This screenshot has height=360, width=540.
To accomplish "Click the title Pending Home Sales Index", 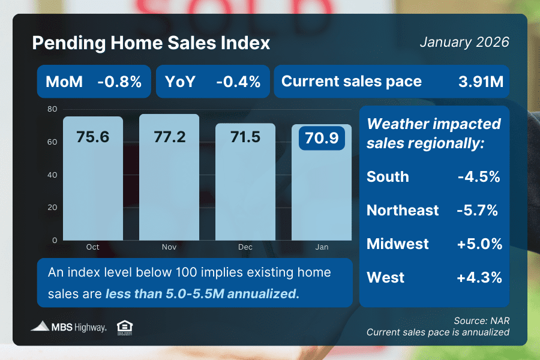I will point(151,44).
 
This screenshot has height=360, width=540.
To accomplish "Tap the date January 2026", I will point(464,43).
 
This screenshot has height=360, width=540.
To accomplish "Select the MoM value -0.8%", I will point(119,82).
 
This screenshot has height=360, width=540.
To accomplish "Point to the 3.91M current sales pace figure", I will point(481,82).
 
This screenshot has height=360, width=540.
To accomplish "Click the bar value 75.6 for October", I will point(92,137).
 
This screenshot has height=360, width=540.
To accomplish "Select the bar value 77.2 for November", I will point(169,137).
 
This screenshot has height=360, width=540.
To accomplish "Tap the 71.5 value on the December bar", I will point(245,137).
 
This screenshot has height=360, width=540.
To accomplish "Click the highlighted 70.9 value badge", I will point(321,139).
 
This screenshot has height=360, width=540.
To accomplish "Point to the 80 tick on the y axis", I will point(52,110).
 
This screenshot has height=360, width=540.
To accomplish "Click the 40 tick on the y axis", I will point(52,175).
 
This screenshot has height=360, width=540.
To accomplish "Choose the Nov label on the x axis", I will point(169,247).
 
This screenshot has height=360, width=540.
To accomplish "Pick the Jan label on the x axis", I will point(322,247).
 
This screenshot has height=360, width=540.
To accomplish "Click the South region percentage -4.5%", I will point(478,177).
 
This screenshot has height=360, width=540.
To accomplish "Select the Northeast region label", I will point(403,211).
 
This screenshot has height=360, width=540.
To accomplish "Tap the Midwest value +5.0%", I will point(478,244).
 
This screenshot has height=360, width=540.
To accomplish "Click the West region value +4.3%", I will point(478,278).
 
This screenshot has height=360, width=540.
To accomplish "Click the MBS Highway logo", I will point(69,327).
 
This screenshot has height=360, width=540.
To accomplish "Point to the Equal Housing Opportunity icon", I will point(124,327).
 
